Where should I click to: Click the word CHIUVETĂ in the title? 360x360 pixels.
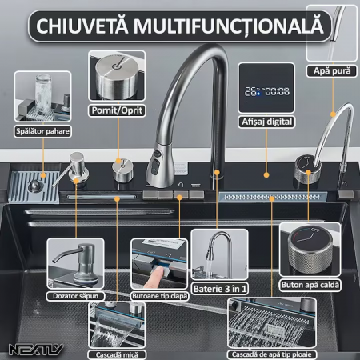pos(82,26)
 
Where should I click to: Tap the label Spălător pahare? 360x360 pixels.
pos(42,131)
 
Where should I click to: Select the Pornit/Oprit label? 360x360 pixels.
pos(117,110)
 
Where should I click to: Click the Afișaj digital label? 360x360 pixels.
pos(266,122)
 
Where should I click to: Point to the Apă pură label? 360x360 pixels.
pos(332,71)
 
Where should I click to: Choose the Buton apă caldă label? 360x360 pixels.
pos(310,285)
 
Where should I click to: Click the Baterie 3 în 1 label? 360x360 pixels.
pos(220,289)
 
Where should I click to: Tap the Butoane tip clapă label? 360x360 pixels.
pos(160,296)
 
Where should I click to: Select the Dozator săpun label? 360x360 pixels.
pos(75,296)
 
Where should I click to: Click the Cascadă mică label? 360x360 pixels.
pos(117,355)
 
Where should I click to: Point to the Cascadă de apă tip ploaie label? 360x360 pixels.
pos(272,354)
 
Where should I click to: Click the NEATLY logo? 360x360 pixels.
pos(36,350)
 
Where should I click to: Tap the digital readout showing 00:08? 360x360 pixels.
pos(278,91)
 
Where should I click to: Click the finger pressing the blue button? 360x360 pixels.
pos(154,278)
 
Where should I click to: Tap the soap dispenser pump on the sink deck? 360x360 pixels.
pos(76,166)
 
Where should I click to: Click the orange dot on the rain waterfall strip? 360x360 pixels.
pos(271,198)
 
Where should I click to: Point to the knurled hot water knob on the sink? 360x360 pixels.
pos(308,170)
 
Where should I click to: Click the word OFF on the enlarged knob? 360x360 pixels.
pos(314,229)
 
